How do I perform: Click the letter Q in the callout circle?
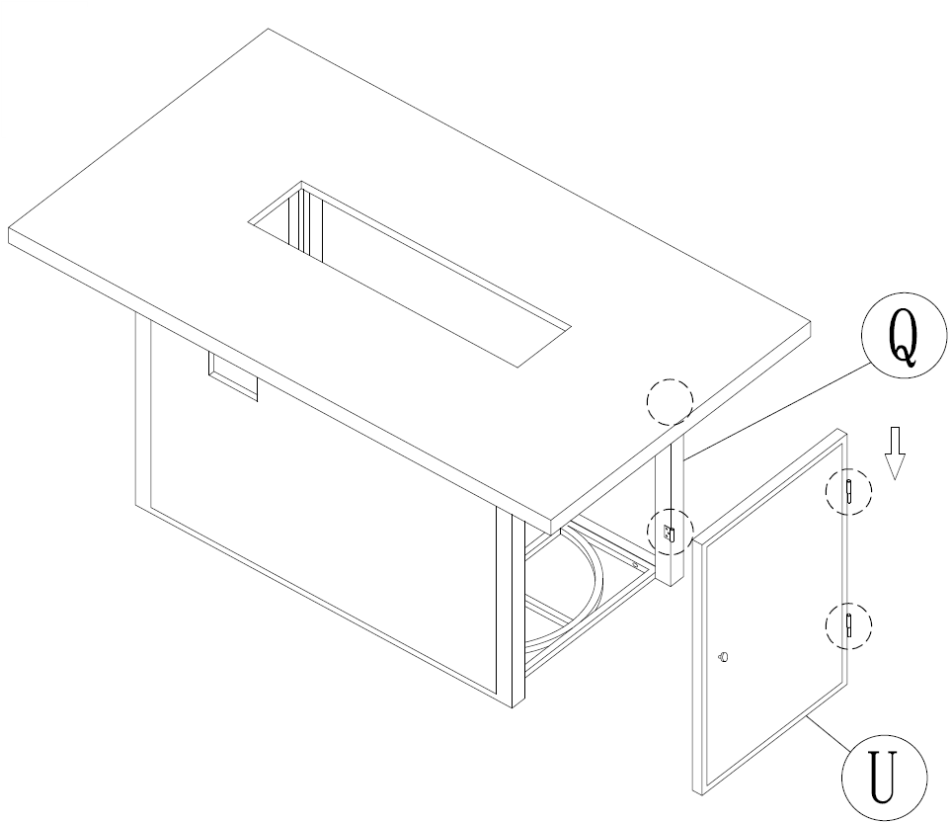903,336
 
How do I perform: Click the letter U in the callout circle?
883,777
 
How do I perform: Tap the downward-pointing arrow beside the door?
895,453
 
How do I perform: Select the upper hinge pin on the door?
849,491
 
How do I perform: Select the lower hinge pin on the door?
849,625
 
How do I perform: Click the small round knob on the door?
723,656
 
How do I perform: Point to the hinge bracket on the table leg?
670,533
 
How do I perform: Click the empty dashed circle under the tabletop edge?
670,402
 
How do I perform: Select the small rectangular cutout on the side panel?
233,376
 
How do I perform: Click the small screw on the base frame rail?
635,565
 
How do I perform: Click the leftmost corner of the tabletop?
9,229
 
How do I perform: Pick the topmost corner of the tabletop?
268,29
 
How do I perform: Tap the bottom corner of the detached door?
701,794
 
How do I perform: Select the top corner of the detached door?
840,429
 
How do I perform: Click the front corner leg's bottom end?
513,707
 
